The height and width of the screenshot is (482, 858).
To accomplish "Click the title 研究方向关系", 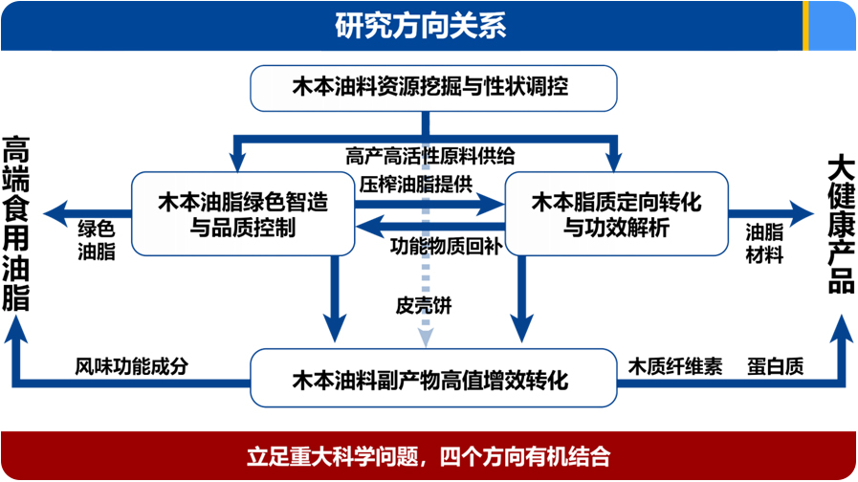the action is [x=420, y=25].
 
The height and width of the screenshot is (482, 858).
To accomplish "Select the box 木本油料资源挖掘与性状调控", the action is [x=433, y=88].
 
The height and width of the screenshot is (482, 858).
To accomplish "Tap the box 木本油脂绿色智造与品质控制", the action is [x=243, y=214].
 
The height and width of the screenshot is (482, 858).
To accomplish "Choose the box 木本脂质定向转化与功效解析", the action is [x=616, y=214].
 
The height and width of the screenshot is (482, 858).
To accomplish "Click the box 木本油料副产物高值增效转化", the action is [x=433, y=378].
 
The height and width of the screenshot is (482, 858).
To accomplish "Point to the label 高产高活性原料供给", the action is [x=430, y=157].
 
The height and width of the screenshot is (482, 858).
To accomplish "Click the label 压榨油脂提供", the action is [x=416, y=185].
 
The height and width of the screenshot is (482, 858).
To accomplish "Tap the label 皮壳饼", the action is [x=424, y=305].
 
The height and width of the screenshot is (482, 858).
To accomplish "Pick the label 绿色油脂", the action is [x=97, y=240].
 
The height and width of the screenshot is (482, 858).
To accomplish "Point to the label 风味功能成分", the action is [x=132, y=366].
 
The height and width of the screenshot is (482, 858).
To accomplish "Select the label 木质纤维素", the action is [x=675, y=366].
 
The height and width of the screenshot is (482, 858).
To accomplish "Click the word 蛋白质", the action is [x=776, y=366].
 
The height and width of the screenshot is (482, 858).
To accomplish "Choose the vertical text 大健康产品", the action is [x=841, y=225].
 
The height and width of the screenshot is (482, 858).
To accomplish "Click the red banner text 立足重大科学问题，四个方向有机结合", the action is [x=429, y=456].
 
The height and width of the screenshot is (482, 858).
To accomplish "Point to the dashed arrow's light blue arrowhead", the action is [x=426, y=339].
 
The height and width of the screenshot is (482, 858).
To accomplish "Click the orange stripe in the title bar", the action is [x=805, y=26].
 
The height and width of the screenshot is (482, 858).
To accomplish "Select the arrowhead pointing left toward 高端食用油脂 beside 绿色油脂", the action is [x=55, y=214].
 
